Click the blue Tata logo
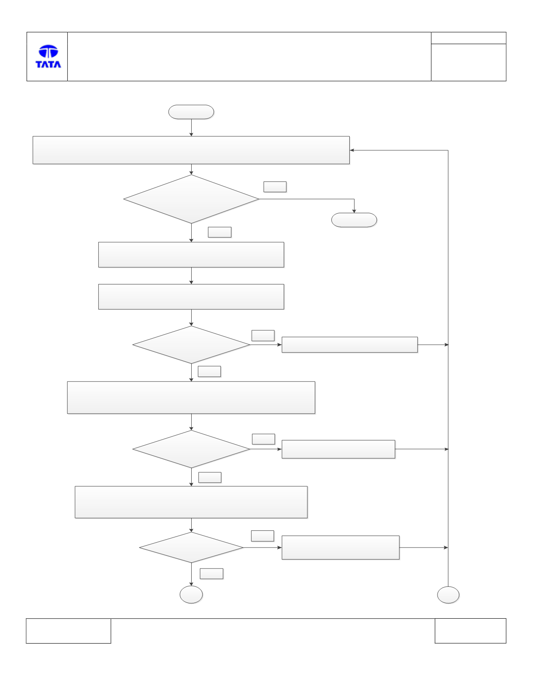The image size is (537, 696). click(48, 56)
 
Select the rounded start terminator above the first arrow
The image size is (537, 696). click(191, 112)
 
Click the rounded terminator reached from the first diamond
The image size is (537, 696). click(354, 220)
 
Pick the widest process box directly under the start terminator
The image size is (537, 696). click(191, 150)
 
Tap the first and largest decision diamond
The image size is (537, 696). click(191, 199)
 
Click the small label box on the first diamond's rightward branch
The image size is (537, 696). click(275, 187)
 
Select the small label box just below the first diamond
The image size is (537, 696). click(220, 232)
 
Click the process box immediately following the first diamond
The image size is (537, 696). click(191, 255)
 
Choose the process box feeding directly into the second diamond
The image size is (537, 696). click(191, 297)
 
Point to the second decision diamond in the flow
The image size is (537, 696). click(191, 345)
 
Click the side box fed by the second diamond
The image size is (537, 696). click(349, 345)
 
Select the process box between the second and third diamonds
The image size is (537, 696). click(191, 398)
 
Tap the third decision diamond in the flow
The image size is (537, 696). click(191, 449)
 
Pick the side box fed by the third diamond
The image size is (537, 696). click(338, 449)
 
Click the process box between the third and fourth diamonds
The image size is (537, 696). click(191, 502)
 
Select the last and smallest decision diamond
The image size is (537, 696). click(191, 547)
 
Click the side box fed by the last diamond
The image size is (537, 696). click(341, 547)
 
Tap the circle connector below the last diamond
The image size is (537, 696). click(191, 595)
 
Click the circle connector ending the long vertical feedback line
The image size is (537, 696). click(448, 595)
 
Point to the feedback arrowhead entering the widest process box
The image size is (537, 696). click(352, 150)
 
